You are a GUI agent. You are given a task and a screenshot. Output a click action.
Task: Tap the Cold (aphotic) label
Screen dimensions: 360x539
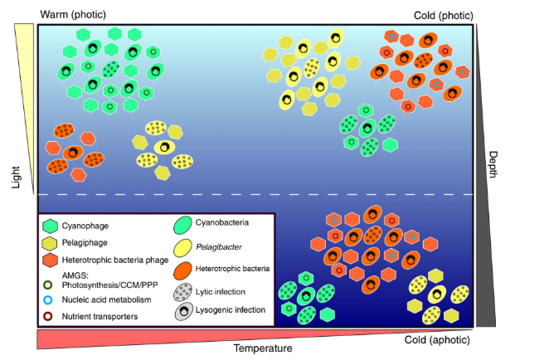pos(439,340)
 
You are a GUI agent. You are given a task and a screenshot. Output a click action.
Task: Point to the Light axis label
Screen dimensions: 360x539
pos(14,174)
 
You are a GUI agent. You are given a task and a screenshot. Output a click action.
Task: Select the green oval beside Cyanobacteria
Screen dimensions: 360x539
pos(182,224)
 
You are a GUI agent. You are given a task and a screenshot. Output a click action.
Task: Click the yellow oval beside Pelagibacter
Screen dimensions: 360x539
pos(182,247)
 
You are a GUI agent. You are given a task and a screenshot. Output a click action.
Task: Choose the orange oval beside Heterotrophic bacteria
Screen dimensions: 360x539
pos(182,269)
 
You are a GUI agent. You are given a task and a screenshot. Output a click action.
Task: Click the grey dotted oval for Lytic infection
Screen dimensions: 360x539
pos(182,290)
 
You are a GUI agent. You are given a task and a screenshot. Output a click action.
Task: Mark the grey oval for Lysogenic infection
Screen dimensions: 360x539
pos(182,311)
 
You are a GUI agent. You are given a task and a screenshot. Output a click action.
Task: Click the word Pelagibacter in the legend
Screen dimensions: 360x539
pos(217,246)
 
